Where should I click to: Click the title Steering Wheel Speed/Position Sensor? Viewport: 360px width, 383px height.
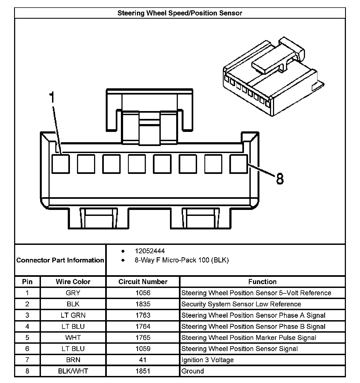tap(180, 13)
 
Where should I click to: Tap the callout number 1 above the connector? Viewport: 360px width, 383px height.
tap(52, 98)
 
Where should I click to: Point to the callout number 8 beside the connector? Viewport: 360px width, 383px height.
tap(280, 179)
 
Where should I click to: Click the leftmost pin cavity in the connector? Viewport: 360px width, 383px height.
tap(60, 164)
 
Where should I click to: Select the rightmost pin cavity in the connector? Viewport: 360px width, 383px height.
tap(239, 164)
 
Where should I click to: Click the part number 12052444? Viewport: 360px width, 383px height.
tap(150, 251)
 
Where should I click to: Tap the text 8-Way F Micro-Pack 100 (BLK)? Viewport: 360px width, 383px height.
tap(182, 260)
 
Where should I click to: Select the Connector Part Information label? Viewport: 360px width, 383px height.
tap(60, 260)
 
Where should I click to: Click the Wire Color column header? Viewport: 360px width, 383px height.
tap(73, 282)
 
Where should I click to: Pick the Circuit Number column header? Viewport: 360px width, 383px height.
tap(143, 282)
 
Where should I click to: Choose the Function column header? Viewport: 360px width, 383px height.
tap(262, 282)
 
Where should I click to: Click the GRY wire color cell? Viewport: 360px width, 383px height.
tap(73, 293)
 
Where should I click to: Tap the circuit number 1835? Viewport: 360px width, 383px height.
tap(143, 304)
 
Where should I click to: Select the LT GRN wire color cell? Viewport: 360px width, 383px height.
tap(73, 315)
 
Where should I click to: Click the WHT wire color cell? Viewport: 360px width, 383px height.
tap(73, 337)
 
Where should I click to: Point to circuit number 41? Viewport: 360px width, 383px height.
tap(143, 360)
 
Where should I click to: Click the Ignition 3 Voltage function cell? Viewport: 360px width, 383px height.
tap(207, 360)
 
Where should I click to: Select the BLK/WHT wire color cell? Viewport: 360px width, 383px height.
tap(73, 371)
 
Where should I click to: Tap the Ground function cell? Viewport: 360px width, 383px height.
tap(192, 371)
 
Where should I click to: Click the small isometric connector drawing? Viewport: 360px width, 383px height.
tap(272, 77)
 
